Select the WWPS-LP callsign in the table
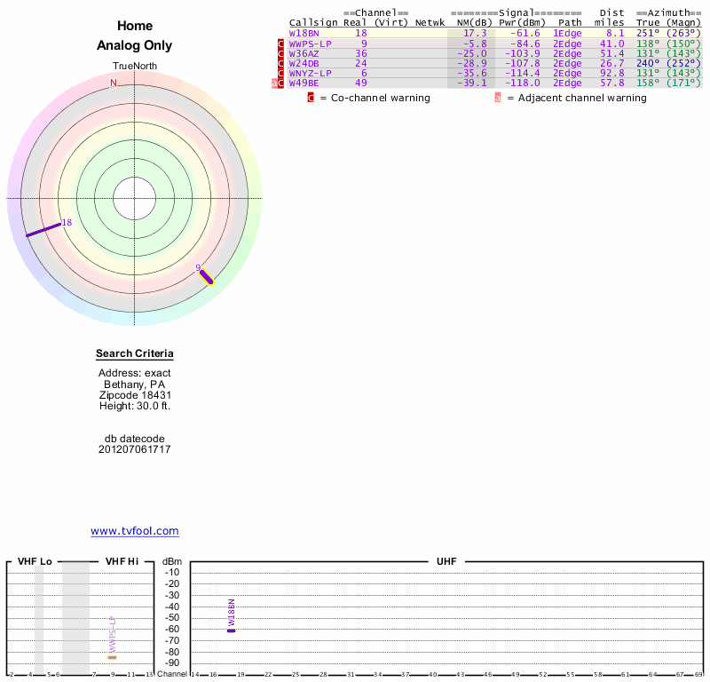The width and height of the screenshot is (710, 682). pyautogui.click(x=311, y=44)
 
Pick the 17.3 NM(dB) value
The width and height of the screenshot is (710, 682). pyautogui.click(x=475, y=34)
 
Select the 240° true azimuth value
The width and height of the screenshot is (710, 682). pyautogui.click(x=649, y=64)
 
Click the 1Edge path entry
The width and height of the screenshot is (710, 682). pyautogui.click(x=567, y=34)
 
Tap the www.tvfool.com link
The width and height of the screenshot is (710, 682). pyautogui.click(x=135, y=531)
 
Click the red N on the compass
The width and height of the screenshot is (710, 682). pyautogui.click(x=114, y=83)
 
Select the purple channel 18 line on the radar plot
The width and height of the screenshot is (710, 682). pyautogui.click(x=43, y=229)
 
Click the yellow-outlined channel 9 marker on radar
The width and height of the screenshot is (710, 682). pyautogui.click(x=207, y=276)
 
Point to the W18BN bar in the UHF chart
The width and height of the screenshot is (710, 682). pyautogui.click(x=232, y=630)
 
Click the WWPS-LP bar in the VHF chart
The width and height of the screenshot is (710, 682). pyautogui.click(x=113, y=657)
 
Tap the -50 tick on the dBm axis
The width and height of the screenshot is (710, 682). pyautogui.click(x=172, y=618)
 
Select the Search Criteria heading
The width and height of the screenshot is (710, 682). pyautogui.click(x=135, y=354)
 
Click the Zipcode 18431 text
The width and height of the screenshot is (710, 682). pyautogui.click(x=135, y=395)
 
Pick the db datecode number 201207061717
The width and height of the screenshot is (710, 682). pyautogui.click(x=135, y=450)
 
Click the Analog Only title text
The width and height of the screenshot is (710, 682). pyautogui.click(x=135, y=45)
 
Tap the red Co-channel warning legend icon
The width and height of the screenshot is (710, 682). pyautogui.click(x=311, y=98)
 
